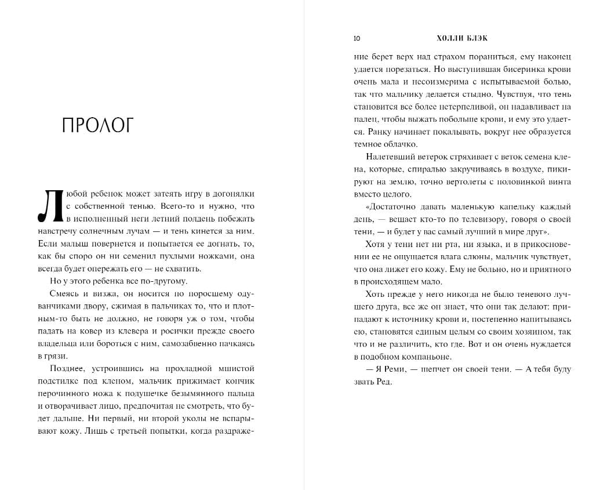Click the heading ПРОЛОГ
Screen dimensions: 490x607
(97, 125)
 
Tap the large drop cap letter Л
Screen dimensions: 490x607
(50, 206)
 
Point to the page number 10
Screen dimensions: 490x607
(357, 39)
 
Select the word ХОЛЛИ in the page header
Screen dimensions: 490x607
(449, 39)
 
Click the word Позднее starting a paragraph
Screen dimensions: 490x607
(67, 368)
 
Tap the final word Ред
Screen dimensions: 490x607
(384, 382)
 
